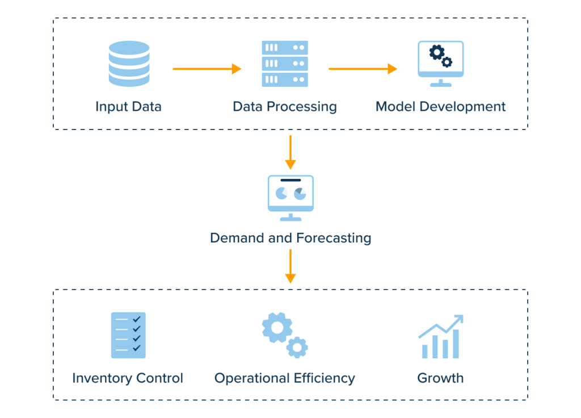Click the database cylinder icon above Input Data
pos(129,63)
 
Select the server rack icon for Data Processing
pos(285,64)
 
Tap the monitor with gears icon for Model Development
pos(441,62)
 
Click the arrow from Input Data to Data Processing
pos(207,69)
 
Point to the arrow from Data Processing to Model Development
pos(363,69)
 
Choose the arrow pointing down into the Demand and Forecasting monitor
pos(290,152)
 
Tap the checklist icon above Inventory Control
pos(128,335)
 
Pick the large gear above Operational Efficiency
pos(277,327)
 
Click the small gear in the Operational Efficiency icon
pos(297,346)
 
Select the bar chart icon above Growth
pos(441,337)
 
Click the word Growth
pos(440,378)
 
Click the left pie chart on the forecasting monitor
pos(281,194)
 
